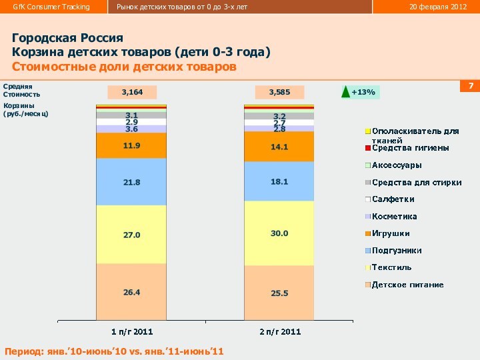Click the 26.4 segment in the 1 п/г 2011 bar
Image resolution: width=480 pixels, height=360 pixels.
[x=131, y=292]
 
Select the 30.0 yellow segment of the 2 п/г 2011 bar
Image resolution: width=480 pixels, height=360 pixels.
[x=279, y=233]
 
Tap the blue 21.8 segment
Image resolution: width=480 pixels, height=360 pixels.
[x=131, y=181]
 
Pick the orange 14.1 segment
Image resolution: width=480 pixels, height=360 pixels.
[x=279, y=147]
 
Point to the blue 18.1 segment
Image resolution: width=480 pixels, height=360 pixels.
[x=279, y=181]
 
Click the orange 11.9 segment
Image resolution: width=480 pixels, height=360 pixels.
[x=131, y=145]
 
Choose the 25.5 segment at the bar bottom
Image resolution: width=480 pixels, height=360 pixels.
[x=279, y=293]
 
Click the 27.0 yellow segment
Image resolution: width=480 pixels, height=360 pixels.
[x=131, y=235]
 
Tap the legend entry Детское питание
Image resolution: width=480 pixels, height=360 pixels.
[x=407, y=285]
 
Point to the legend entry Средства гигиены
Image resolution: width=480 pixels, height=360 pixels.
[x=409, y=148]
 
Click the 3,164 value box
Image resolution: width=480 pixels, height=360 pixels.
[x=131, y=92]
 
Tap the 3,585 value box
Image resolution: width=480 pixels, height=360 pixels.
[x=279, y=92]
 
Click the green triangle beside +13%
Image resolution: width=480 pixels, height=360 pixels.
[x=345, y=92]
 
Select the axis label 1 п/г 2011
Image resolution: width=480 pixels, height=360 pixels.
[x=131, y=331]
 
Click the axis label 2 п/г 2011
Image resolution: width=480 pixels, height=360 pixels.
[x=280, y=331]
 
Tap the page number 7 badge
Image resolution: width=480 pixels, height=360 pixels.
[x=470, y=87]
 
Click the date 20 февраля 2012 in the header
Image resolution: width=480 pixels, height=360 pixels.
[x=437, y=7]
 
